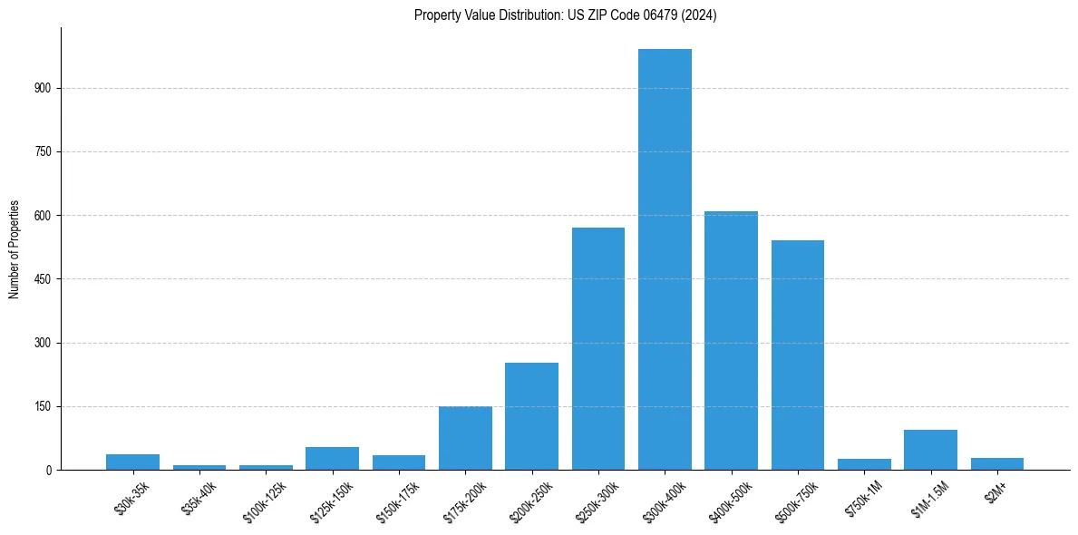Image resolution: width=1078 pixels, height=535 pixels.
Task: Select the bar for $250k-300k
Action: [x=598, y=349]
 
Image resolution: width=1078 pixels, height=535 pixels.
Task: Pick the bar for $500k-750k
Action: [x=798, y=355]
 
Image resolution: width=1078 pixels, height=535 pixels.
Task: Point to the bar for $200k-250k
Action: [x=531, y=416]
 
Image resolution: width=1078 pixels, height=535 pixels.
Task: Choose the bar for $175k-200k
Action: [x=465, y=438]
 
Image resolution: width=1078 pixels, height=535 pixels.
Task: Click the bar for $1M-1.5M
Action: [x=930, y=450]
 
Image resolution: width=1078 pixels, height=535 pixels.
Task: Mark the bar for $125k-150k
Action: [x=332, y=459]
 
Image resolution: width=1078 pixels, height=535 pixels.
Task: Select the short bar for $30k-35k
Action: [x=132, y=462]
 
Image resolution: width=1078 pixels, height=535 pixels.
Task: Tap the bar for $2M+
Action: [x=997, y=464]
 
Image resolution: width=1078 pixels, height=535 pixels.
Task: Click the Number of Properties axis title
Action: [x=14, y=248]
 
